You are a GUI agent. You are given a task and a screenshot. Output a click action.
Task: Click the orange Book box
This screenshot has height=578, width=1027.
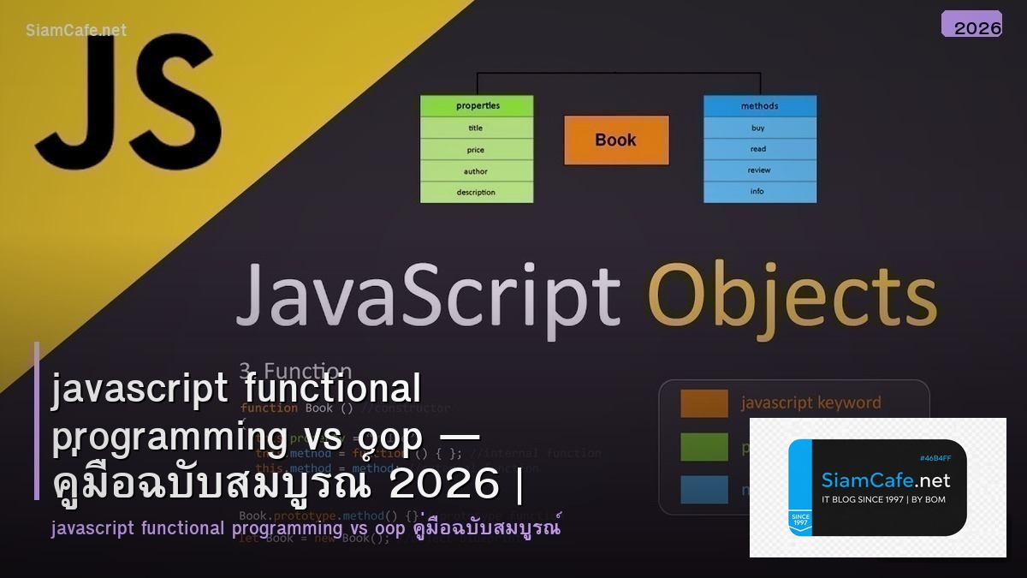(616, 140)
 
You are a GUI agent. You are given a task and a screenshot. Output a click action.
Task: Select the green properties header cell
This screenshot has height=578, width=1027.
(477, 106)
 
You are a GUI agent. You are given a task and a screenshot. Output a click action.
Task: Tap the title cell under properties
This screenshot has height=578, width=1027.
(477, 128)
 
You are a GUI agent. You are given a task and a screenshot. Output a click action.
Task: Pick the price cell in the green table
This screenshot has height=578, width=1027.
(477, 150)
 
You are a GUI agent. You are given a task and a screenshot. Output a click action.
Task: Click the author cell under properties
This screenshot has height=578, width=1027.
(477, 171)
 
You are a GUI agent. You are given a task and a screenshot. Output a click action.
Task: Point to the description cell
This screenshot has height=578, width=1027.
(477, 193)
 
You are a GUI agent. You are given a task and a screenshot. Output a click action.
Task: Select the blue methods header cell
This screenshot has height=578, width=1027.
(759, 106)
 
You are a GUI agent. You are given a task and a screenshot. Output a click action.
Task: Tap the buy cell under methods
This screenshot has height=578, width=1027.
(759, 128)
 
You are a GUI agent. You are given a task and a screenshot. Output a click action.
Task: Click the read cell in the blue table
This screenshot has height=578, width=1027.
(759, 149)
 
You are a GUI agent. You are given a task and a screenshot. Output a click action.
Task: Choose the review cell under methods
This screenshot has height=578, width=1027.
(759, 170)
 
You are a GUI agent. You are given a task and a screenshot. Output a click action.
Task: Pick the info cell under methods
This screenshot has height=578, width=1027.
(759, 192)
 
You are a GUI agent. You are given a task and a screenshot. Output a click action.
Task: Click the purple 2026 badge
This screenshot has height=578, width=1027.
(971, 25)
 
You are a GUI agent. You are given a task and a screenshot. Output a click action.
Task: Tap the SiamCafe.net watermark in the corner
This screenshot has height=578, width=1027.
(75, 30)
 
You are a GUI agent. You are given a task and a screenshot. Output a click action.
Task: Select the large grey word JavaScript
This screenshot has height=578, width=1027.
(428, 295)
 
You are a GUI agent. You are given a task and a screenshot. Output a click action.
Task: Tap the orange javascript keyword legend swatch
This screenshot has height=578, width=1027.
(703, 403)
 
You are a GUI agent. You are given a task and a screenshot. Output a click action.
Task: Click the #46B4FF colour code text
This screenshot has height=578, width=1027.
(935, 458)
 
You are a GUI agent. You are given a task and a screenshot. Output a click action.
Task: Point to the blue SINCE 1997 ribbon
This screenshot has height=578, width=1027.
(802, 521)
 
